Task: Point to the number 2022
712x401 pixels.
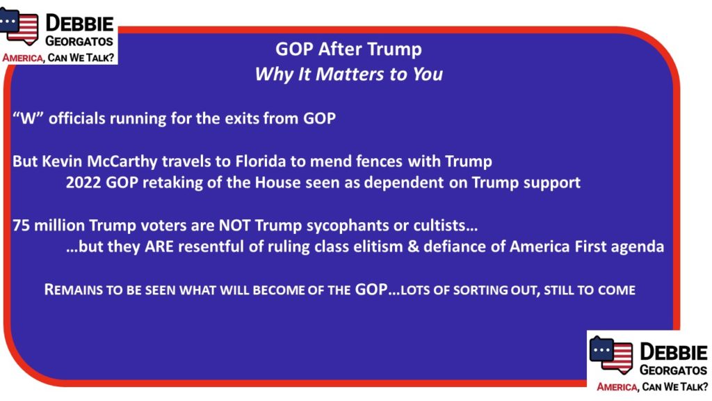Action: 83,183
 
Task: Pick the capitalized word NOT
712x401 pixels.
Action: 234,226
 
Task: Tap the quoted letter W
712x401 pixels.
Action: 28,118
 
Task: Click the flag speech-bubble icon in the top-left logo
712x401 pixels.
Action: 19,27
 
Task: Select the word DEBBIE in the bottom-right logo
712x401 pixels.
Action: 673,353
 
